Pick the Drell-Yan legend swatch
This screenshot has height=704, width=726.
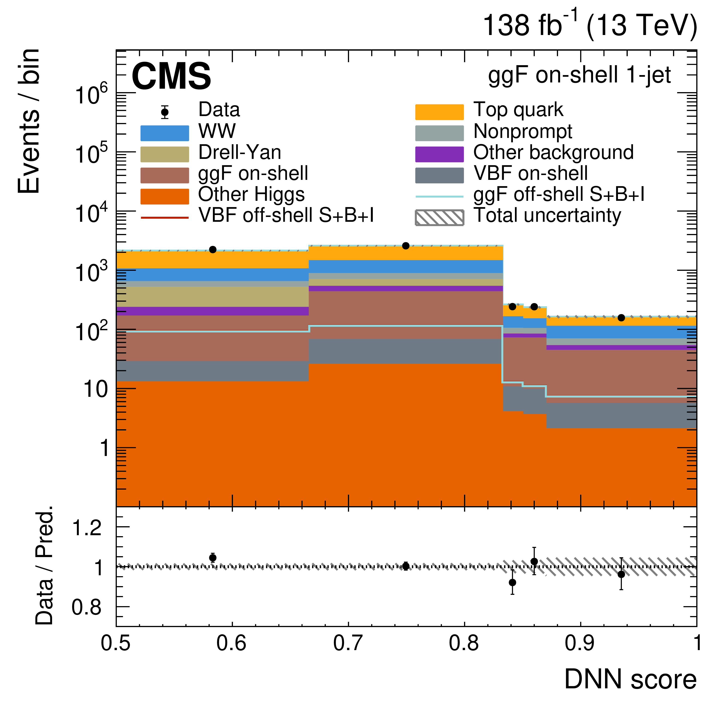pos(165,154)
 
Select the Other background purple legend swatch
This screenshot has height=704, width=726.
pos(439,154)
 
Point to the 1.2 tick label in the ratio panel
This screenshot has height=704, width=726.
pos(86,527)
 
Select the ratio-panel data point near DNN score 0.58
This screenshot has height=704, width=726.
pos(213,558)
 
